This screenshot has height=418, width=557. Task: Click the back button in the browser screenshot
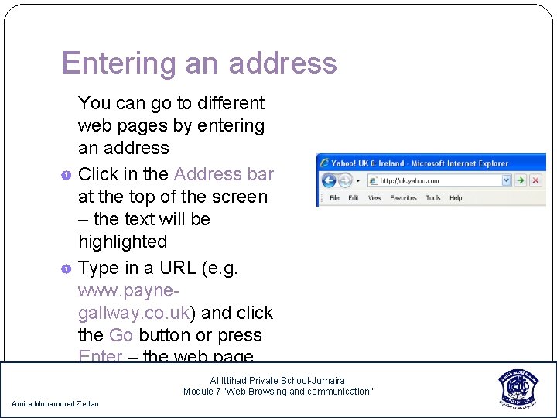(328, 181)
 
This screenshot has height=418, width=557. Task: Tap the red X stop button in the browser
(535, 181)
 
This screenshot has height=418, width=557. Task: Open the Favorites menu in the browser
(403, 198)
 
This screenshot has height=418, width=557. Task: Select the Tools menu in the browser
(433, 198)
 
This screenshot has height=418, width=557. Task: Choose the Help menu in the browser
(456, 198)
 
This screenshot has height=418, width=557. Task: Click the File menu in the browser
(334, 198)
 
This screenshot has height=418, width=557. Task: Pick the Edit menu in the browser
(354, 198)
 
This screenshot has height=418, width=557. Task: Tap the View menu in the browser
(374, 198)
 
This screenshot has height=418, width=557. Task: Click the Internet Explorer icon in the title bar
(323, 163)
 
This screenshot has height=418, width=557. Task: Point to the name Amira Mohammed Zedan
(55, 404)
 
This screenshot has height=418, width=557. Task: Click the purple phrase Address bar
(224, 174)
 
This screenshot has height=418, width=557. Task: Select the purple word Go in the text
(121, 335)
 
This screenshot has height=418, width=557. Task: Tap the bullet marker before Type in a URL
(67, 269)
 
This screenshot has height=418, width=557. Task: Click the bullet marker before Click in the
(67, 175)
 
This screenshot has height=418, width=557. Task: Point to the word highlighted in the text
(122, 242)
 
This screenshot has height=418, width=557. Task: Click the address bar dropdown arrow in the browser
(507, 181)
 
